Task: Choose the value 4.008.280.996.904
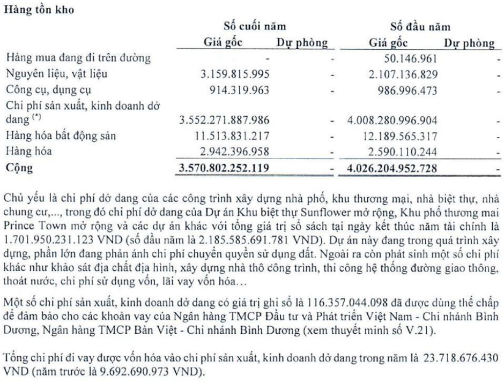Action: pos(392,120)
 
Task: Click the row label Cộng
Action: pos(19,168)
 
